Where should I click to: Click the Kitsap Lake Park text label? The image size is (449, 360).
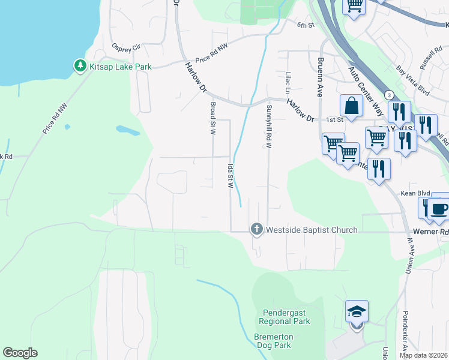(x=120, y=67)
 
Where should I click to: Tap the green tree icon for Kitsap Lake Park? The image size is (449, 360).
(x=80, y=66)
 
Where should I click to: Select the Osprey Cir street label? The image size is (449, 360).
(x=126, y=46)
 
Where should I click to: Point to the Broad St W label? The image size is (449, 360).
(x=212, y=118)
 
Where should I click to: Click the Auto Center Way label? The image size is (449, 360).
(x=366, y=91)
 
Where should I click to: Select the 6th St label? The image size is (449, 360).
(x=306, y=25)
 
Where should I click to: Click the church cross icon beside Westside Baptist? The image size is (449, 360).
(x=256, y=229)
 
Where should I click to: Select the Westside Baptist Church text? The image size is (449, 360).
(x=312, y=230)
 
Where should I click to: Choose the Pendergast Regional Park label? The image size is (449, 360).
(x=286, y=317)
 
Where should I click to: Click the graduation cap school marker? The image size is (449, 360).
(x=357, y=312)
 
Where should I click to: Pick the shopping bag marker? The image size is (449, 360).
(x=351, y=106)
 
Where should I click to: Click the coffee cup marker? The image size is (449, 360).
(x=439, y=208)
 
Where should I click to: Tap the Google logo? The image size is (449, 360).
(x=20, y=353)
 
